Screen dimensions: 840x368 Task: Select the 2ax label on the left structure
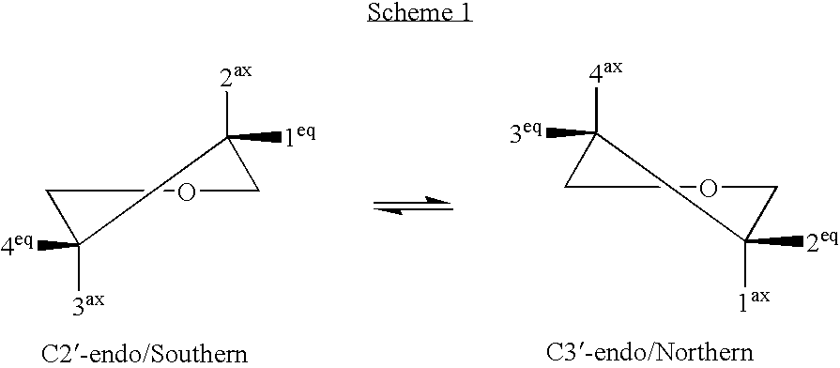pos(236,76)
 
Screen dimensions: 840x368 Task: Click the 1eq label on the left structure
pos(300,134)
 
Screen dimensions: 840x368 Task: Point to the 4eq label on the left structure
pos(18,245)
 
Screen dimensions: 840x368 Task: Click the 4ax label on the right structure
pos(607,71)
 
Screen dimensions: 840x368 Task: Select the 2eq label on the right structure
pos(820,241)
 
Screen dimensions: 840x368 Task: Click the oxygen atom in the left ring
pos(187,192)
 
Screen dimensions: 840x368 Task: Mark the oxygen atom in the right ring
pos(709,189)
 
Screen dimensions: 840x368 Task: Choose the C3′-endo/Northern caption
pos(649,353)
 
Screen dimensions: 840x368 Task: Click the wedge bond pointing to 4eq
pos(56,246)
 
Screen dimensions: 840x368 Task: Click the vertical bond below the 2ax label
pos(226,115)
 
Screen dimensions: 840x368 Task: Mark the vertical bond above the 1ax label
pos(745,264)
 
